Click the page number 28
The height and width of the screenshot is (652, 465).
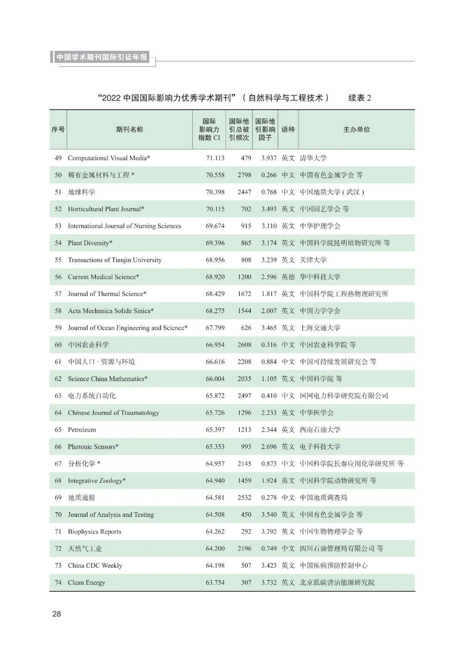[56, 614]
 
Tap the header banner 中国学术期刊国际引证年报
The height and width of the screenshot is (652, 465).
[102, 57]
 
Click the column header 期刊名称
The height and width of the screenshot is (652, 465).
[129, 130]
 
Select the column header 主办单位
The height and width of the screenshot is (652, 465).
[356, 130]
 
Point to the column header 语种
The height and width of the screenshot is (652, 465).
[288, 130]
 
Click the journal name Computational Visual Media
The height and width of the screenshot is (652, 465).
[108, 158]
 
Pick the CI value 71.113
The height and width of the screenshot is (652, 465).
[215, 158]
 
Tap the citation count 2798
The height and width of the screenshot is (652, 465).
[244, 175]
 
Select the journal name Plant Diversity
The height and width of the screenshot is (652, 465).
[90, 243]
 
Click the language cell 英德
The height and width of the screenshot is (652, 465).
[288, 277]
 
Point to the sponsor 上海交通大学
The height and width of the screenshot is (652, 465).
[320, 328]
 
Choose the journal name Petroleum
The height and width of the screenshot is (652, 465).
[82, 430]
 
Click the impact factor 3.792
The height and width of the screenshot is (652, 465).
[269, 532]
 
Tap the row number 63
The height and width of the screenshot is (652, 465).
[58, 396]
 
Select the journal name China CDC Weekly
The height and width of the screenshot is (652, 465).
[95, 566]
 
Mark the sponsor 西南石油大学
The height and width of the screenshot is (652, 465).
[320, 430]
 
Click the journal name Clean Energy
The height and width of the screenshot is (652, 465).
[86, 583]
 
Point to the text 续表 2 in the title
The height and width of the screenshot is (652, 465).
[360, 98]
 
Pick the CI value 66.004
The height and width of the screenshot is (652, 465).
[215, 379]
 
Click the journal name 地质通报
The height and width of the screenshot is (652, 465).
[81, 498]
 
